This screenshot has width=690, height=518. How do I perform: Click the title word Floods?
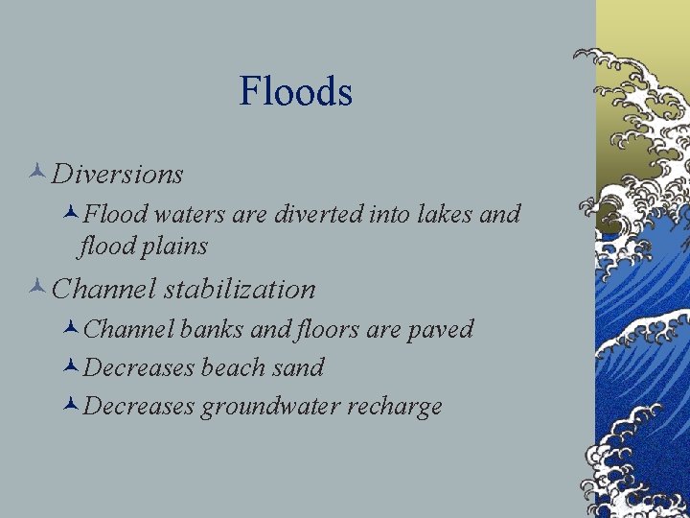296,92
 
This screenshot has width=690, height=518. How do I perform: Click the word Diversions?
118,175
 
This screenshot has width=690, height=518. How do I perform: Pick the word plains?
175,247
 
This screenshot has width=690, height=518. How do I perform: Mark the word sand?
300,367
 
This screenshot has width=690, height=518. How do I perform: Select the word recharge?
394,407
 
